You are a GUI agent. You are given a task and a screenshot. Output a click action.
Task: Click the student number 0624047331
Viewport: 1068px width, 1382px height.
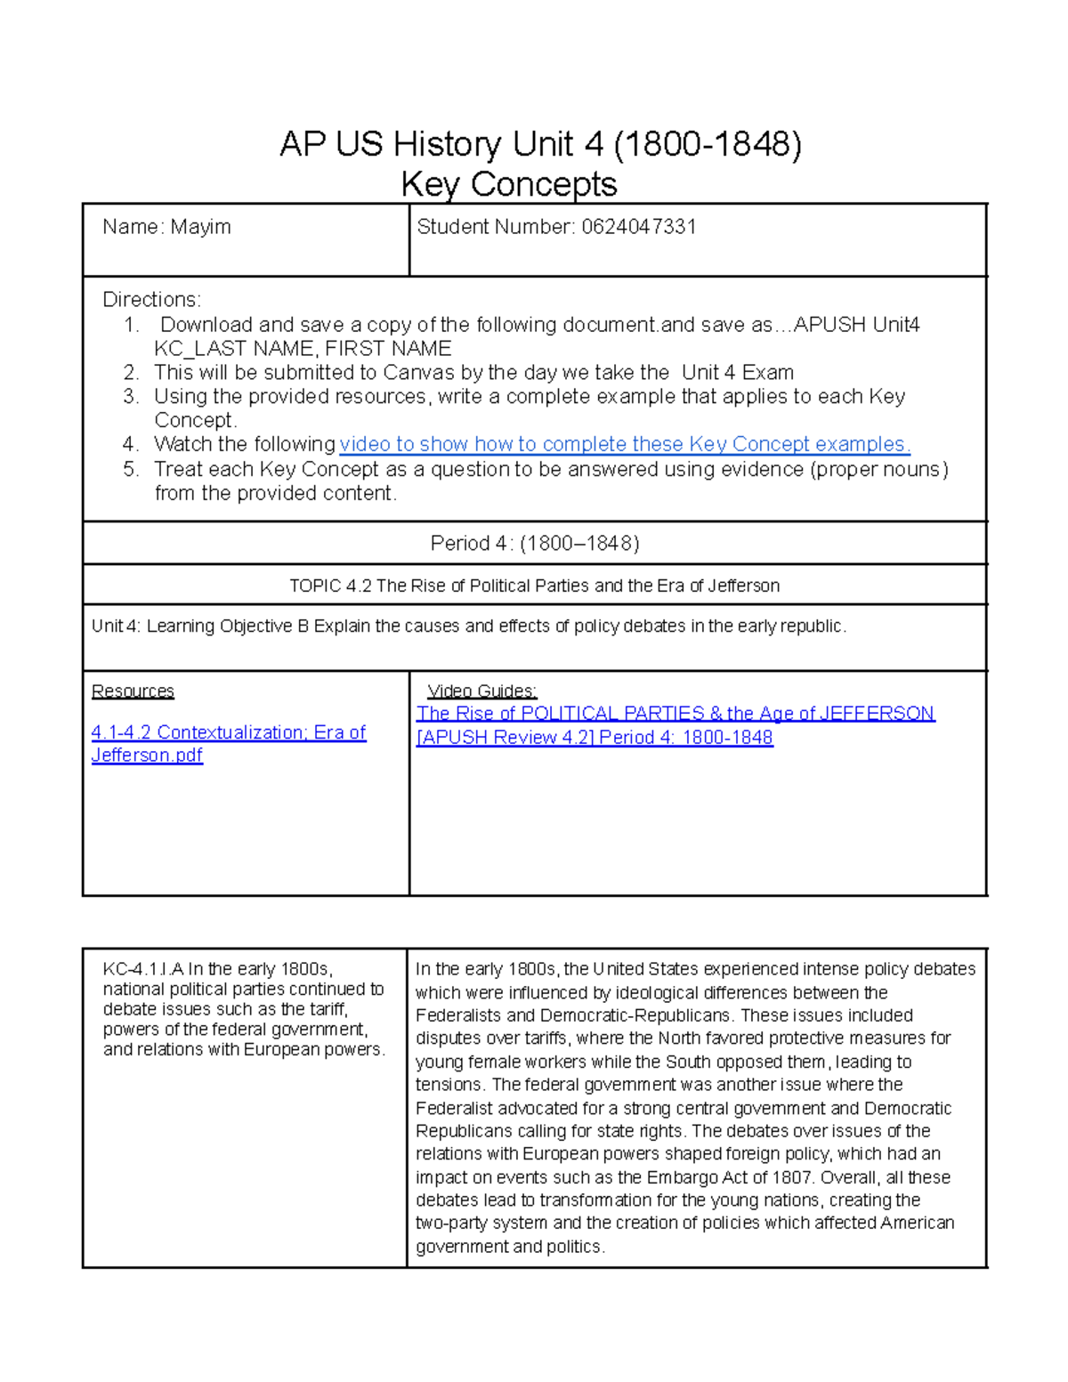[x=639, y=227]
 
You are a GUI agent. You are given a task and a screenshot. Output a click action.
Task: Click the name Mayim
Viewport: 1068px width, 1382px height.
[x=200, y=227]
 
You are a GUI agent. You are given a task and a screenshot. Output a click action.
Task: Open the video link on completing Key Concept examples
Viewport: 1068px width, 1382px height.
[x=625, y=444]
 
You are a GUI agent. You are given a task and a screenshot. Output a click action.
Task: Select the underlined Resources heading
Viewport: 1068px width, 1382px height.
[x=133, y=691]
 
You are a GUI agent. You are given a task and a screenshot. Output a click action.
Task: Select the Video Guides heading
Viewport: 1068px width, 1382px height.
[x=481, y=691]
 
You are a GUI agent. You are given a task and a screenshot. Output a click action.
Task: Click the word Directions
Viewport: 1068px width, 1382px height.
[x=151, y=299]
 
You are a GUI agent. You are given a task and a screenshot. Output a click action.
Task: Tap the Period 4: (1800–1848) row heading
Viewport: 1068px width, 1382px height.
[x=534, y=543]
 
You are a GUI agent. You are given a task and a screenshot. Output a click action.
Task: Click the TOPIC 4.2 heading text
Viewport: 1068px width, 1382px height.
[x=534, y=586]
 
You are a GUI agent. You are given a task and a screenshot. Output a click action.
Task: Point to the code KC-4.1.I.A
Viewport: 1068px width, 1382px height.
[x=142, y=969]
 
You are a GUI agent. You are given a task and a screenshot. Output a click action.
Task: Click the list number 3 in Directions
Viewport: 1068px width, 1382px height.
[x=131, y=396]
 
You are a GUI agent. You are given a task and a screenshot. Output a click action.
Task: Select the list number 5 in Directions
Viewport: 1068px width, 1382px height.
[x=131, y=469]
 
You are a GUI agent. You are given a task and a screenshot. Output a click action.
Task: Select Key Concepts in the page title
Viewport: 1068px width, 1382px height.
[x=509, y=184]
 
